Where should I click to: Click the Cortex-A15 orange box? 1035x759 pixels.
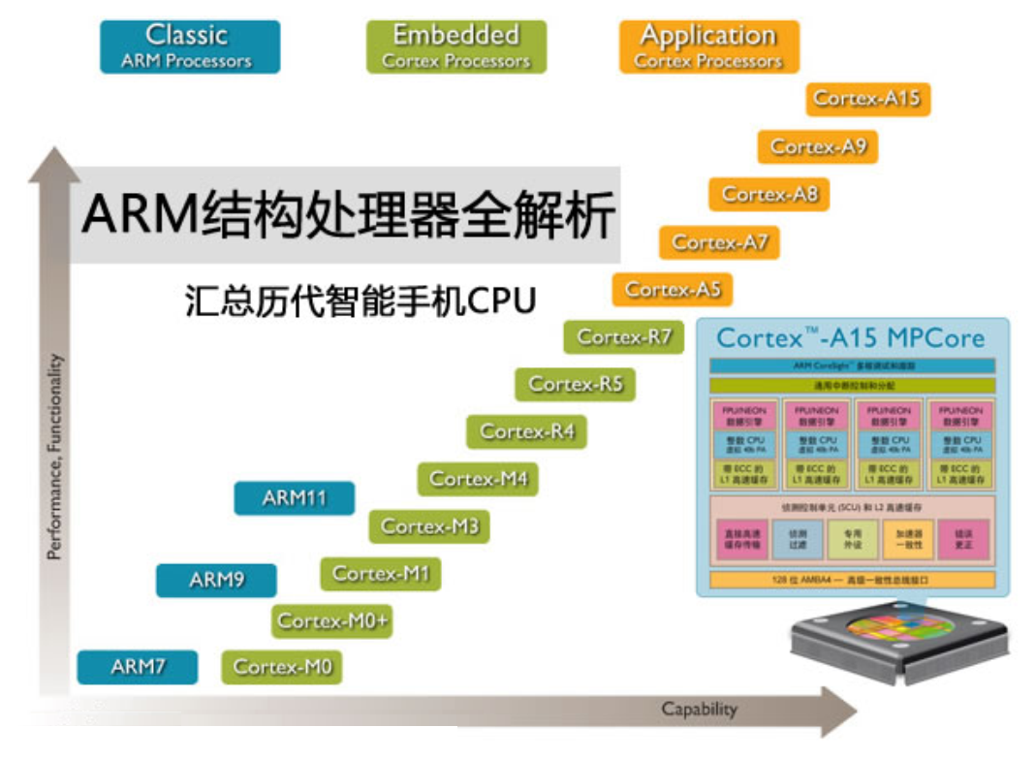tap(867, 99)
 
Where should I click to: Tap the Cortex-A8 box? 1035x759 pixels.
tap(769, 195)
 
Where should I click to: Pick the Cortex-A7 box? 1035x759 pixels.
tap(720, 242)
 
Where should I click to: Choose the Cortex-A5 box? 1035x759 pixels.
tap(673, 290)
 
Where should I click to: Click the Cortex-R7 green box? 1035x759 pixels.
tap(624, 337)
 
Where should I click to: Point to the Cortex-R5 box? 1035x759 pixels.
tap(576, 385)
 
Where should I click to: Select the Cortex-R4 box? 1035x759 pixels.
tap(527, 431)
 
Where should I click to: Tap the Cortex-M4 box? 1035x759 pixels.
tap(479, 479)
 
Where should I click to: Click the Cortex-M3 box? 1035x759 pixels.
tap(429, 526)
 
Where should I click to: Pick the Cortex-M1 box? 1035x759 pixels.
tap(381, 574)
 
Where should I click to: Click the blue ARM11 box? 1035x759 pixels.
tap(295, 498)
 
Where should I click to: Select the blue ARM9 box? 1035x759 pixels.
tap(217, 581)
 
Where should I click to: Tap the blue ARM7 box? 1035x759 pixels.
tap(138, 668)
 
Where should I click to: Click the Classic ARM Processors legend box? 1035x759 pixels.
tap(190, 47)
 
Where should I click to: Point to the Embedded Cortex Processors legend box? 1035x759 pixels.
tap(456, 47)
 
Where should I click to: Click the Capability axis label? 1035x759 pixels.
tap(699, 710)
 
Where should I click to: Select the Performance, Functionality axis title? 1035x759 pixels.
tap(55, 456)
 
